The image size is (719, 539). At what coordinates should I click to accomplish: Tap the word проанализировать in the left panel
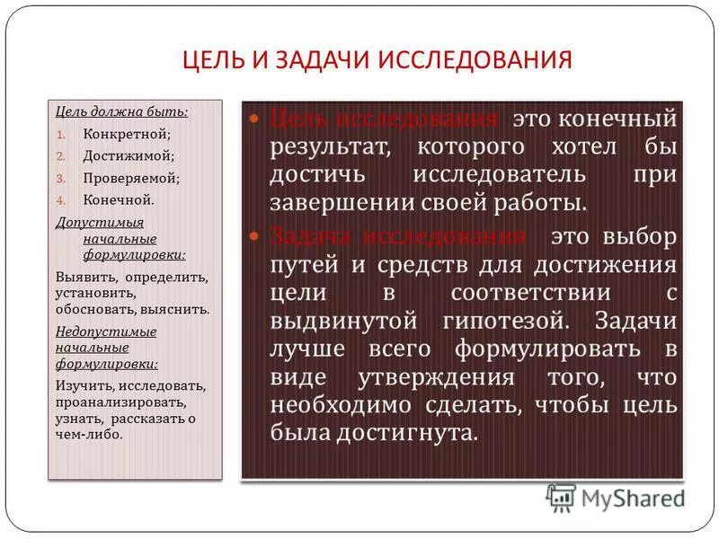click(x=120, y=402)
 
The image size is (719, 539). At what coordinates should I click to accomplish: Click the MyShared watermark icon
click(x=562, y=496)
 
